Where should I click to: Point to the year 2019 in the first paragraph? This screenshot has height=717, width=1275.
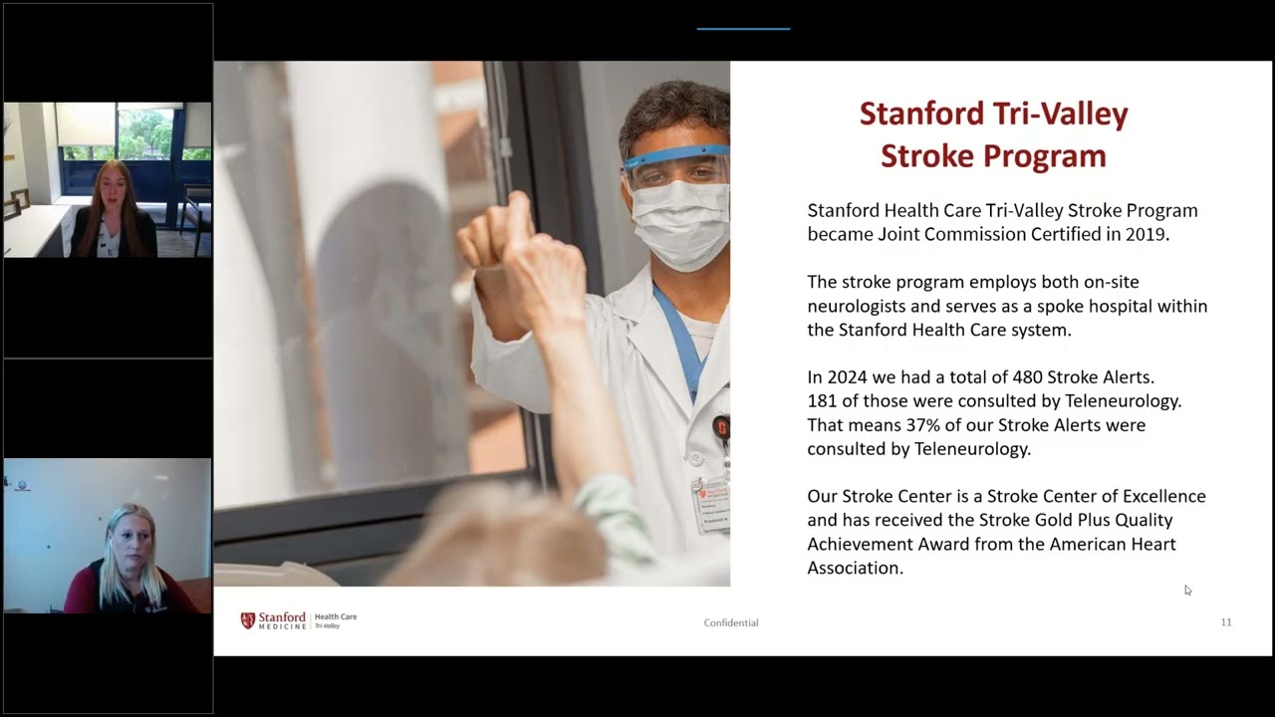[x=1144, y=235]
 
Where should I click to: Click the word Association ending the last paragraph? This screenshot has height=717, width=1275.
[x=853, y=568]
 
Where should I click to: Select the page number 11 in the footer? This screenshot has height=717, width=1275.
[x=1226, y=622]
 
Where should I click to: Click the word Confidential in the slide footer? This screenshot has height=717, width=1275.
[x=731, y=623]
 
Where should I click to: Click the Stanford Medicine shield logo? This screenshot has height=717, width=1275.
[x=248, y=620]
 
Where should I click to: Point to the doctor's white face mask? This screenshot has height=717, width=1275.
[x=682, y=224]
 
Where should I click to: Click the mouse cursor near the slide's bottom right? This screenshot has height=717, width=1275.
[x=1187, y=591]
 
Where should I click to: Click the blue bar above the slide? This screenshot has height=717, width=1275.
[x=743, y=29]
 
